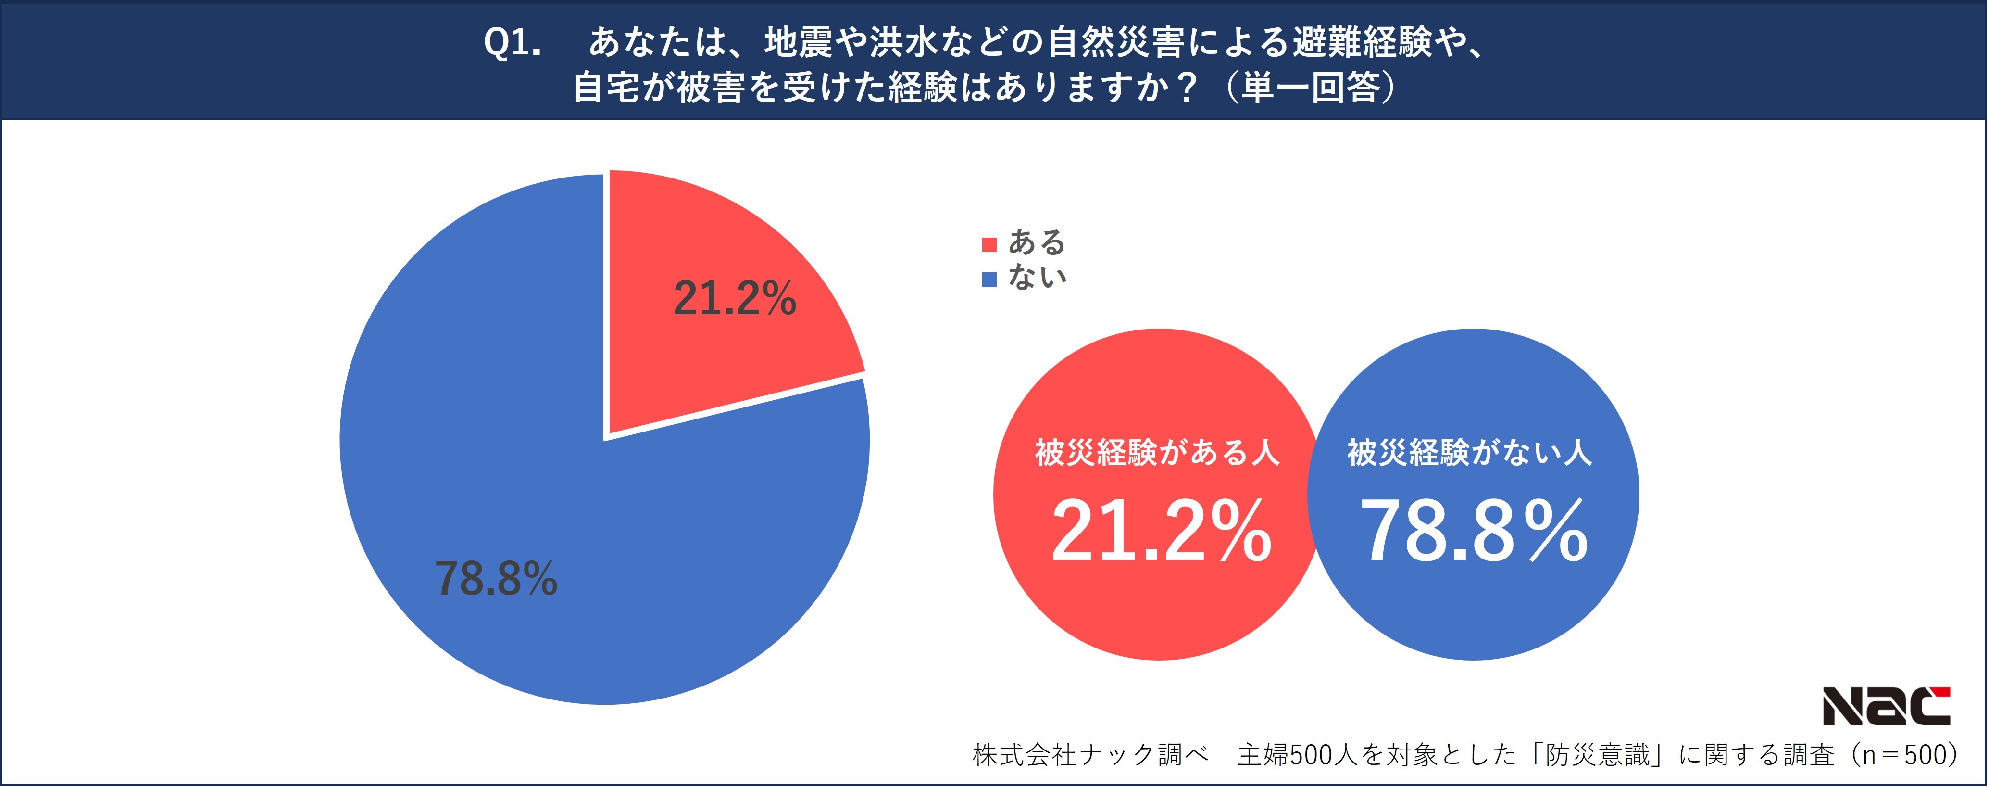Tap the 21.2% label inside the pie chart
[734, 298]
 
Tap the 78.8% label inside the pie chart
[496, 579]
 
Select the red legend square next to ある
[989, 245]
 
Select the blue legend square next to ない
[989, 279]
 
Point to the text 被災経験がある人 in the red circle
[1157, 453]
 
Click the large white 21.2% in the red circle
[1161, 532]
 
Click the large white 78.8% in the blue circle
[1473, 532]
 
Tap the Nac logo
[1886, 706]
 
